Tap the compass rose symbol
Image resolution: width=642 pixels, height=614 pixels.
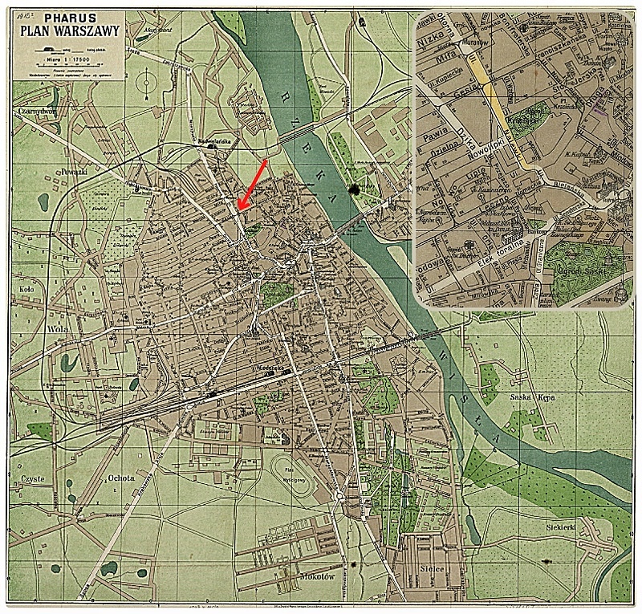coord(146,82)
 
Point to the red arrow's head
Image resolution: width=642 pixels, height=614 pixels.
coord(241,208)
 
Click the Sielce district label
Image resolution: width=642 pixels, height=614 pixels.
coord(430,569)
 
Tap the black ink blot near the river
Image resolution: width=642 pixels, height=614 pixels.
coord(353,189)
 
